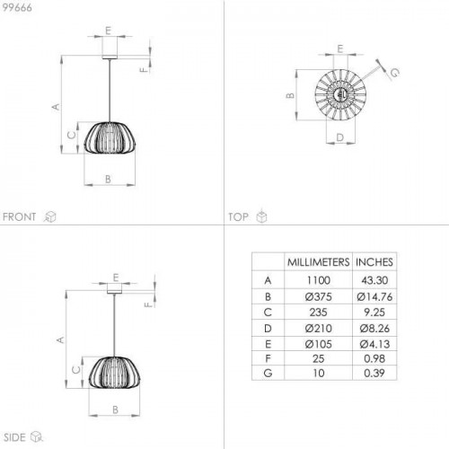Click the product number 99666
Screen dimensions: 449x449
pos(17,7)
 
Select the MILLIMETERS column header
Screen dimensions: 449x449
pos(318,262)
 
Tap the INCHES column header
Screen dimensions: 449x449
pos(374,262)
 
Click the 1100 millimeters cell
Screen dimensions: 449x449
pos(319,280)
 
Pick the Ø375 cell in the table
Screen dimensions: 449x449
pos(319,296)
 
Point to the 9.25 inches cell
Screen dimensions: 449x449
pos(374,313)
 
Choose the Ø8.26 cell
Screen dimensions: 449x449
pos(374,329)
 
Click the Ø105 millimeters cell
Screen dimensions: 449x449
pos(319,344)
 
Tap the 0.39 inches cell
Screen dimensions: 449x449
pos(374,373)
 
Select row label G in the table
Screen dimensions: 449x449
pos(268,373)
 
